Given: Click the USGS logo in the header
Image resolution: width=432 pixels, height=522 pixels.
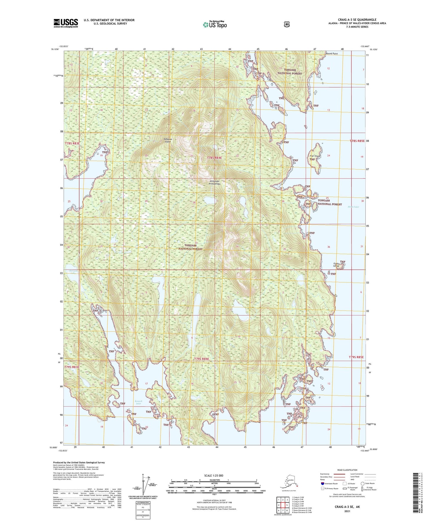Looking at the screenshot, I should [66, 23].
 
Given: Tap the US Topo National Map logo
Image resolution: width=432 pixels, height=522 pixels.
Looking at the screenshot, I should [215, 24].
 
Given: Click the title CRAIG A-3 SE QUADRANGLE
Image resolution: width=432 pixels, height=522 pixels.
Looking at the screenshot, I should [357, 20].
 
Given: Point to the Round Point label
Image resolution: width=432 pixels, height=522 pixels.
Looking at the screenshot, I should [332, 54].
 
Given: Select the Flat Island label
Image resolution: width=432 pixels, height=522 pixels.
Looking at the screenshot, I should [315, 156].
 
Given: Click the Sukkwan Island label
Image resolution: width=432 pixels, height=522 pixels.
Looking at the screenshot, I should [168, 140].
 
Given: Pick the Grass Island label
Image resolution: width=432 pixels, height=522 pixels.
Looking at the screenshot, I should [336, 265].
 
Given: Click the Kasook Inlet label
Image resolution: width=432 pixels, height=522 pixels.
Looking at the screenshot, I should [138, 402].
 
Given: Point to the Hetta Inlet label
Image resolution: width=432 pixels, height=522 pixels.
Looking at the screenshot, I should [353, 207].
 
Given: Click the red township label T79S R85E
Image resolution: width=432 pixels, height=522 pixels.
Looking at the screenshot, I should [356, 357].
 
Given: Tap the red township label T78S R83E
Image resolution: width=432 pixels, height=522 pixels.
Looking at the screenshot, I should [72, 144].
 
